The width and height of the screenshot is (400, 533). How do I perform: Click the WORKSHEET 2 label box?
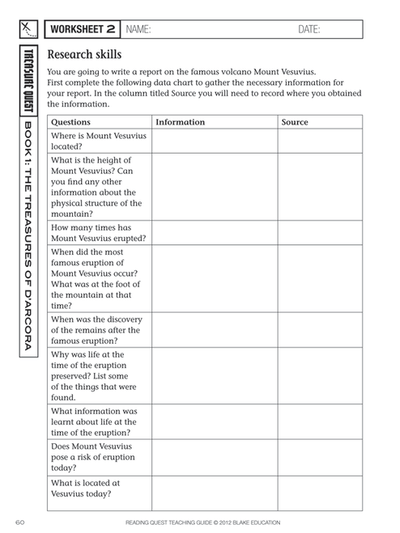point(82,30)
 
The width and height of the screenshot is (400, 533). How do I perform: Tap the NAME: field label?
point(138,30)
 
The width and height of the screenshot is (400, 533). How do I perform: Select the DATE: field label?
point(309,30)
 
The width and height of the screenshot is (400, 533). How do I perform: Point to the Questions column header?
point(71,122)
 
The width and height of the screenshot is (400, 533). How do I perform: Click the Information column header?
point(180,122)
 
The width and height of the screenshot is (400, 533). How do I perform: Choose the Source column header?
point(295,122)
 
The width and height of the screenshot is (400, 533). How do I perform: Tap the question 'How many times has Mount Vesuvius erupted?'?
point(97,233)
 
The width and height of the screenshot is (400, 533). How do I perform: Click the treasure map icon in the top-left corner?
point(28,30)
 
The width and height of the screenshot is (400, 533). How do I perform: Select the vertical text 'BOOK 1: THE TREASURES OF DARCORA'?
point(28,235)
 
